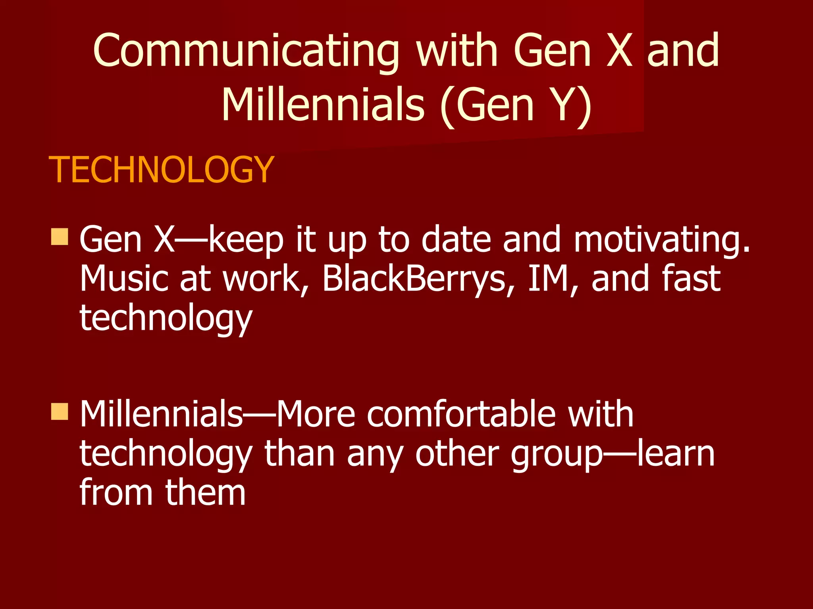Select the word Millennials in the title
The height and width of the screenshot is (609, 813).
tap(323, 105)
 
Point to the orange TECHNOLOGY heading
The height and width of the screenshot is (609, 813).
tap(161, 170)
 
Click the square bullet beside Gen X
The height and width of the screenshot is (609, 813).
tap(60, 237)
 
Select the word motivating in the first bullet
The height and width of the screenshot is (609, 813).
tap(662, 240)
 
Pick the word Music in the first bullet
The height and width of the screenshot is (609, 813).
tap(125, 279)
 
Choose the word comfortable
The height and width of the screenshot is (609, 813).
tap(460, 414)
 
